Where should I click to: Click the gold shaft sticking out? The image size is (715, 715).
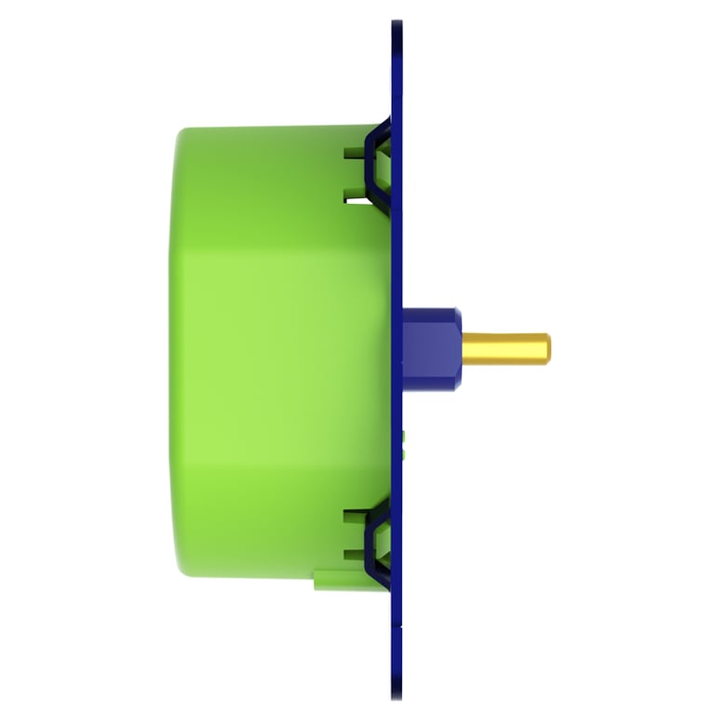(507, 348)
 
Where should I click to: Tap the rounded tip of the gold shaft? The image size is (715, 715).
(547, 348)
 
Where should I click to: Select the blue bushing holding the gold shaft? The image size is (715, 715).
(432, 348)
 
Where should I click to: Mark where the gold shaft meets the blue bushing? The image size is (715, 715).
(465, 348)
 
